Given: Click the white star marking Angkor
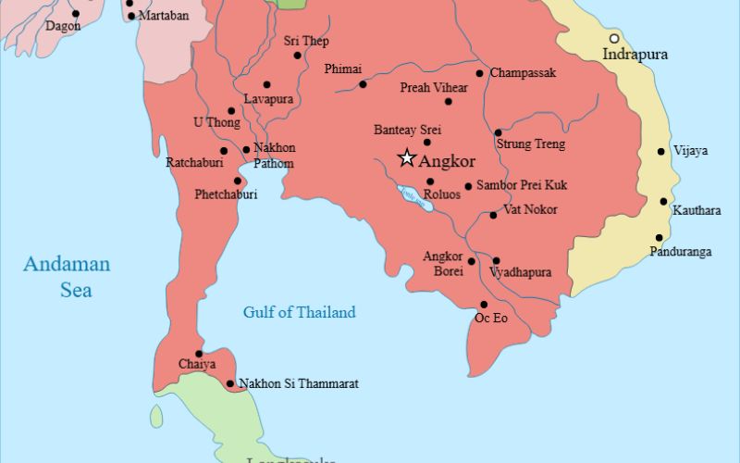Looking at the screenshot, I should (406, 158).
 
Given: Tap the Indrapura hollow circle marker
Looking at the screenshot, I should (614, 38).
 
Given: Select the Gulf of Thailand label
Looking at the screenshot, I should (299, 312).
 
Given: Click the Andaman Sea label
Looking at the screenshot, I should (67, 277).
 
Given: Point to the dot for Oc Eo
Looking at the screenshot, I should (483, 305).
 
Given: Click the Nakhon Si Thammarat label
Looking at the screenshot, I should (298, 383).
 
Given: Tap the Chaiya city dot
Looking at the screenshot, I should (198, 353).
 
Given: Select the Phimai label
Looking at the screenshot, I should (342, 69).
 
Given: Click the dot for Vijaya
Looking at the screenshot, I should (661, 151).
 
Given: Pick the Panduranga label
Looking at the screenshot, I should (680, 251).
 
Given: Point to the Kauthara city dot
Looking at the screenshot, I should (663, 202).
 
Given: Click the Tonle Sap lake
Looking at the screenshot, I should (413, 198).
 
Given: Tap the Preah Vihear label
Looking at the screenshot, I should (433, 88).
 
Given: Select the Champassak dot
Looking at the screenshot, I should (479, 73).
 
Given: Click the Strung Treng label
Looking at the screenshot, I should (530, 144).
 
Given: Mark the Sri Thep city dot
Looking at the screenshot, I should (297, 56).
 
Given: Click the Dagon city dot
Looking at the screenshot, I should (76, 14).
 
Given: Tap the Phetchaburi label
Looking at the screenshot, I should (226, 194).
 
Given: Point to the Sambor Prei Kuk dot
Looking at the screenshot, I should (468, 186).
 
